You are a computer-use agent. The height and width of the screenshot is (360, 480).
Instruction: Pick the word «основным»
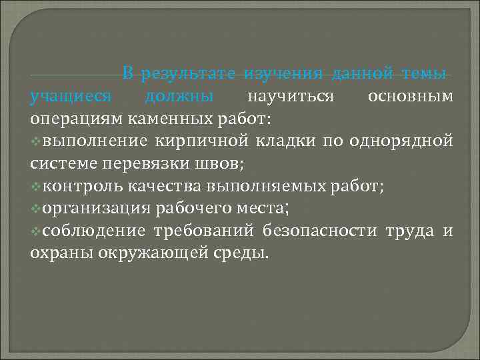[x=411, y=97]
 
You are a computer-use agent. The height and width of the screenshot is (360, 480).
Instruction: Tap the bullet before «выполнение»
[x=35, y=142]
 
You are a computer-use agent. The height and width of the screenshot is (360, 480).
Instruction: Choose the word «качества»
[x=173, y=187]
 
